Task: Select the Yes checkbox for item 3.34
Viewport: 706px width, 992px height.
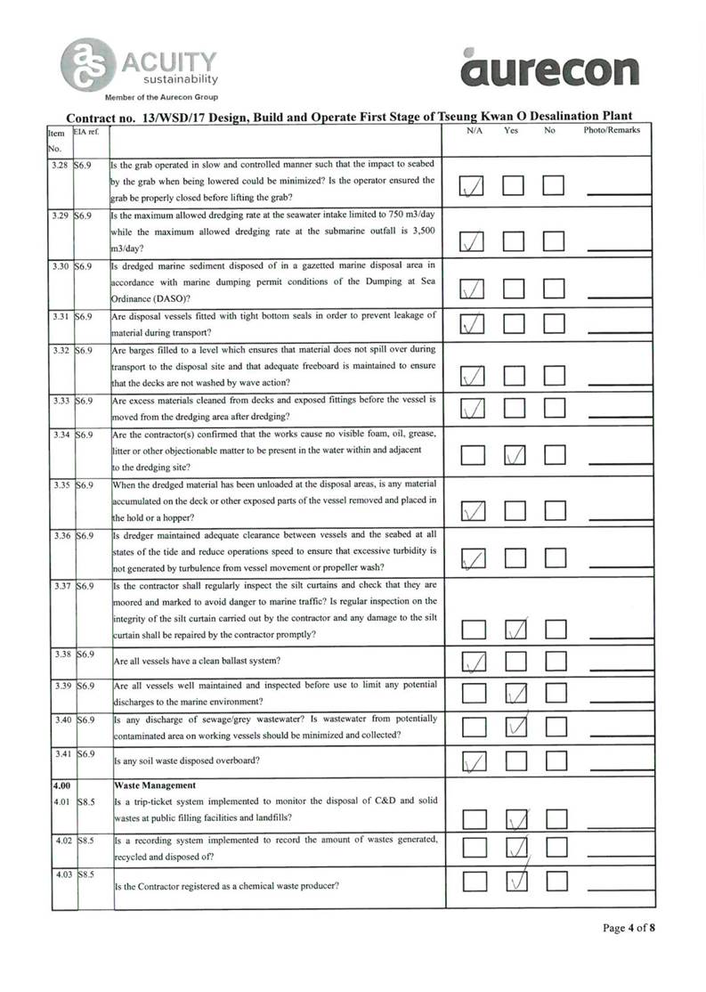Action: [515, 455]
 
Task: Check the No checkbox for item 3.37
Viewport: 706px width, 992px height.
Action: [556, 630]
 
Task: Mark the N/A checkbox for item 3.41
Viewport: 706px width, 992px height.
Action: [474, 761]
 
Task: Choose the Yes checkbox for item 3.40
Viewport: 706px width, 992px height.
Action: [516, 727]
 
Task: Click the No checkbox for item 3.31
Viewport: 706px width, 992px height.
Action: [556, 325]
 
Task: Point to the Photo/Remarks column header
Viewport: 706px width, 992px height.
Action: [611, 131]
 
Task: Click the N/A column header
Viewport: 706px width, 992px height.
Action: [475, 131]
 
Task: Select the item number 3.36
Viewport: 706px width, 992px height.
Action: [61, 536]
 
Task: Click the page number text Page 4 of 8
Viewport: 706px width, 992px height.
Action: [629, 928]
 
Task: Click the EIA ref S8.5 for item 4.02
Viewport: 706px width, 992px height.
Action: [85, 840]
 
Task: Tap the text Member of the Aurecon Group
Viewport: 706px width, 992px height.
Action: [161, 97]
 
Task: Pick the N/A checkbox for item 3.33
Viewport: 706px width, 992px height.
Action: [474, 408]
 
